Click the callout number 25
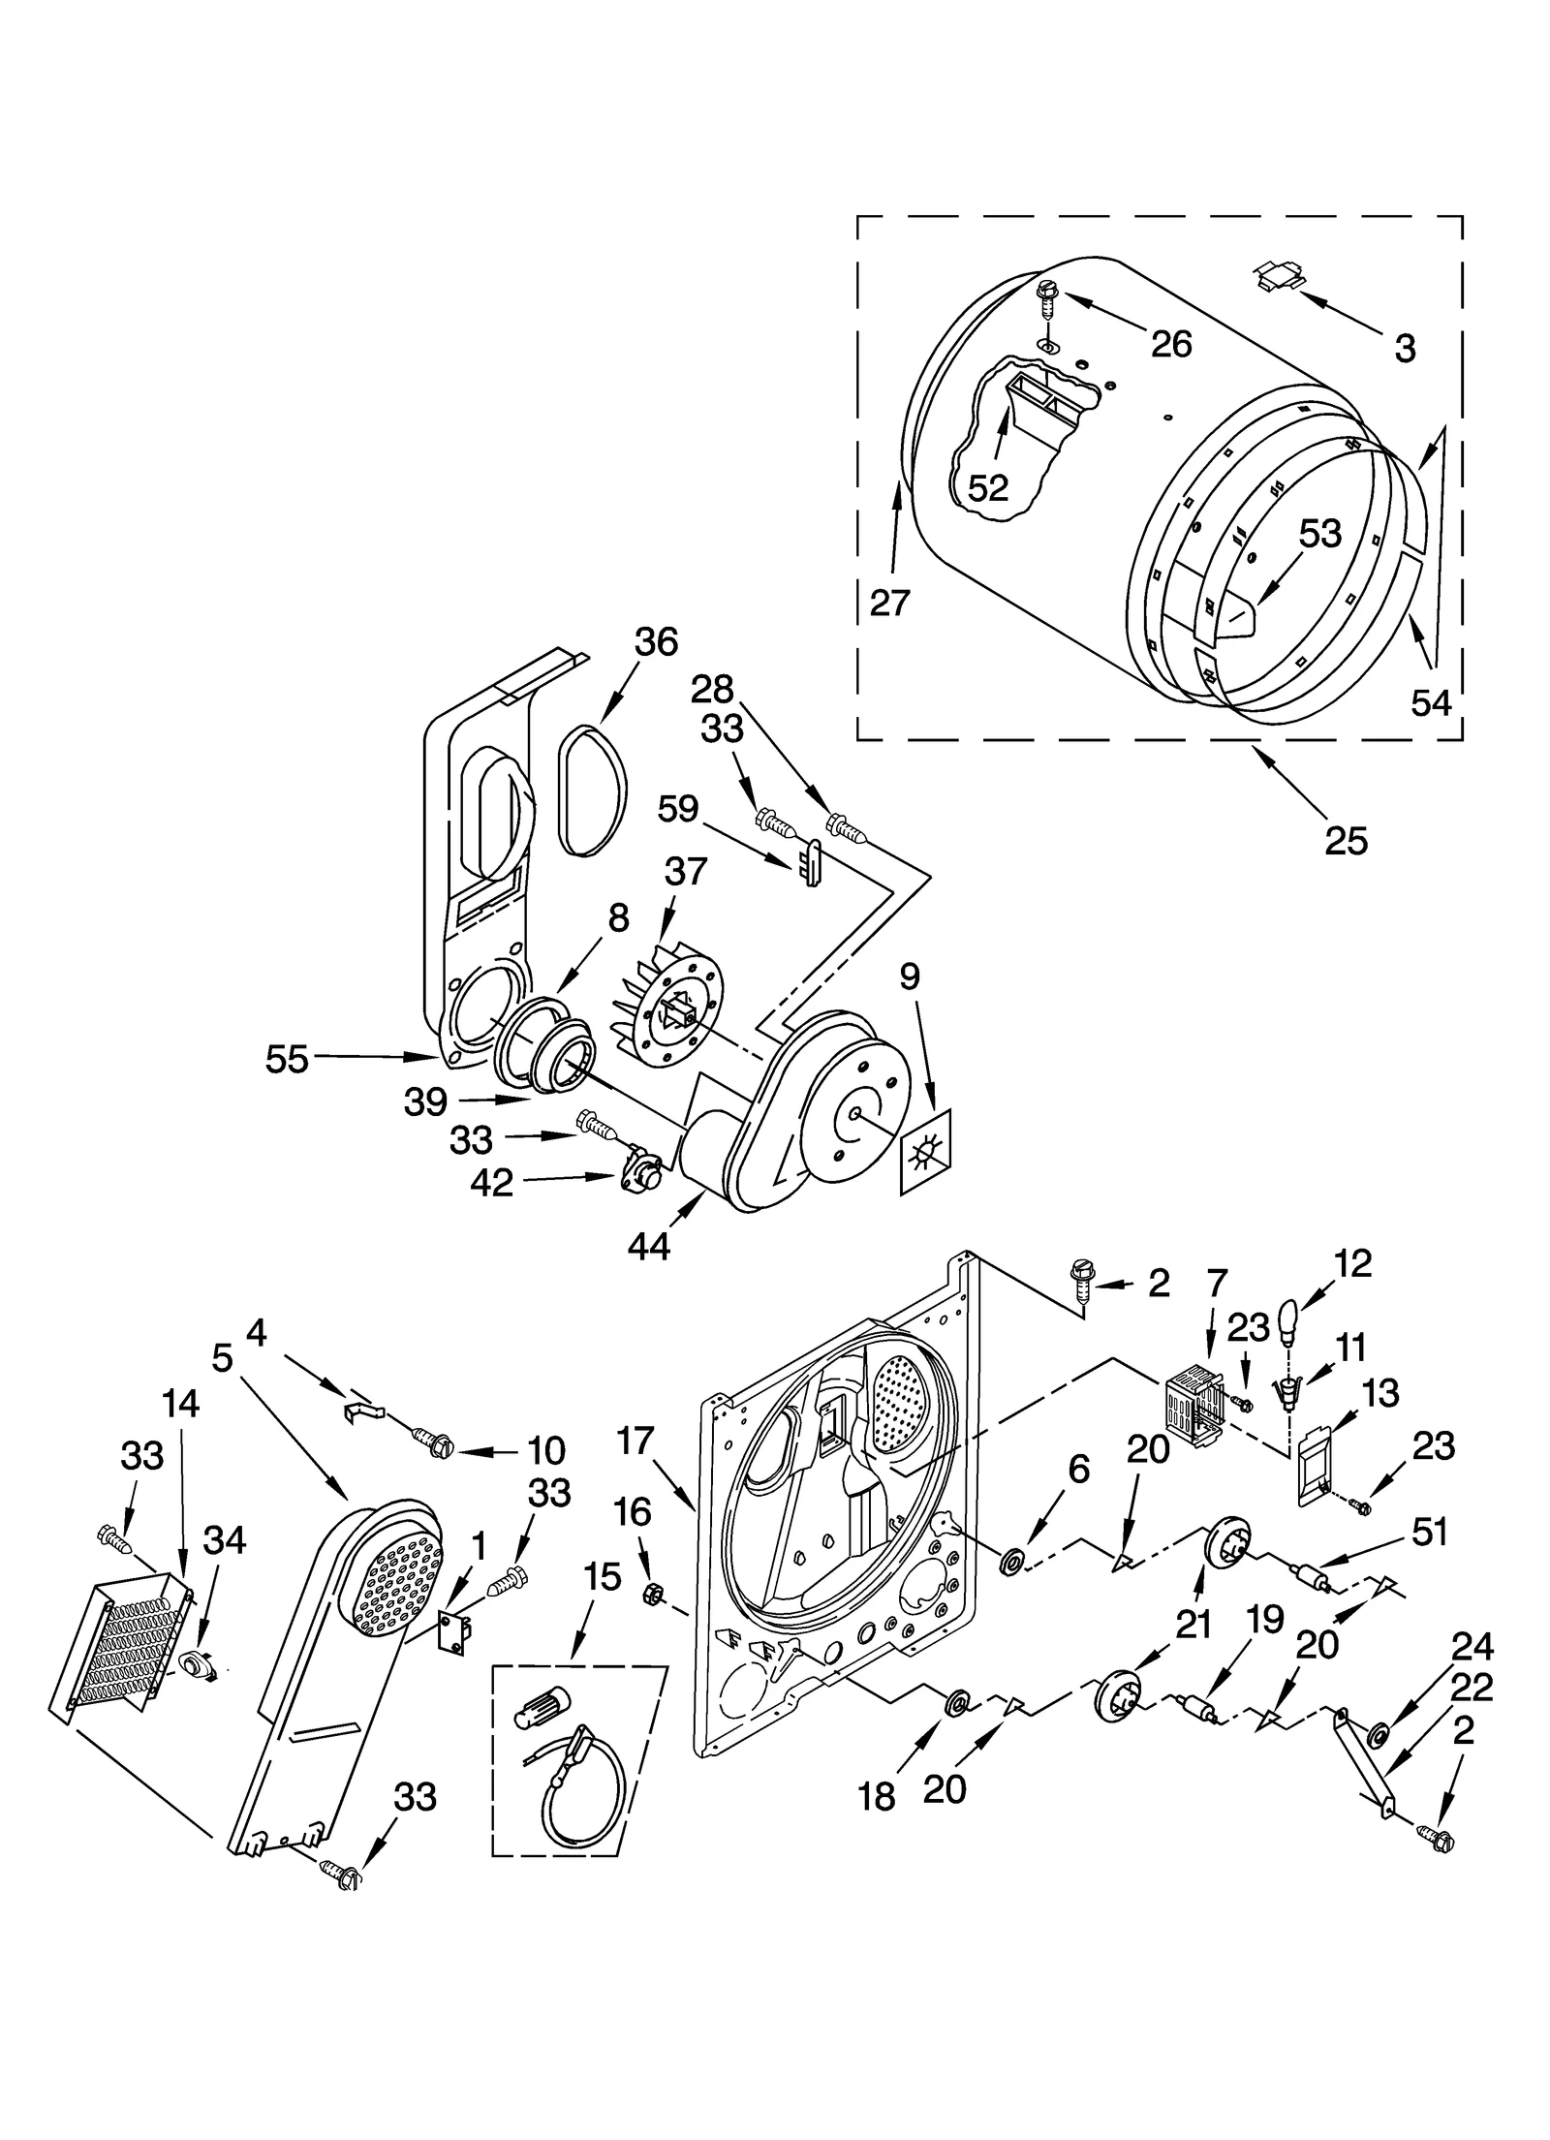point(1346,840)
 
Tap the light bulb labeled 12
point(1287,1325)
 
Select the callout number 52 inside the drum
point(988,487)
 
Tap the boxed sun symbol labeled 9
point(925,1152)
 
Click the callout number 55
point(287,1059)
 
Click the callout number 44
point(648,1247)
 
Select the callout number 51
point(1428,1532)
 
